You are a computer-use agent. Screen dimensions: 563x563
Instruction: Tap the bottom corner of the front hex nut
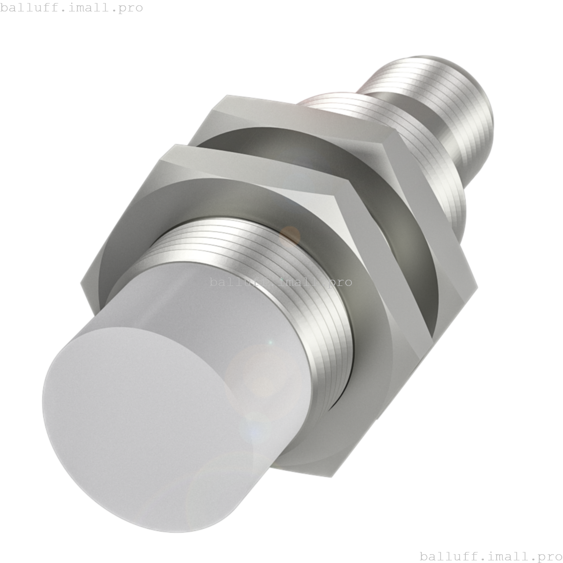point(332,475)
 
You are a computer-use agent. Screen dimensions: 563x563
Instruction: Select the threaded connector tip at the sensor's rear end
point(444,101)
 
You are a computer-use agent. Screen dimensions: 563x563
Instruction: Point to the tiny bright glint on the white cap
point(270,342)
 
